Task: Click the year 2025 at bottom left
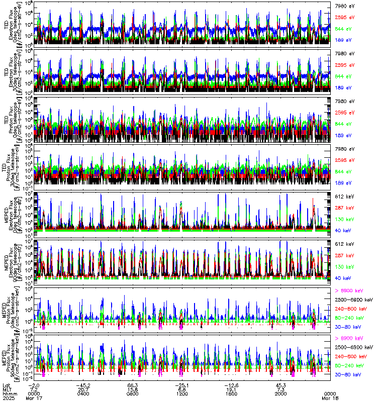coord(8,398)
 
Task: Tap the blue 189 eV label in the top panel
coord(343,40)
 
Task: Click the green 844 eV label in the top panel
coord(343,29)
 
